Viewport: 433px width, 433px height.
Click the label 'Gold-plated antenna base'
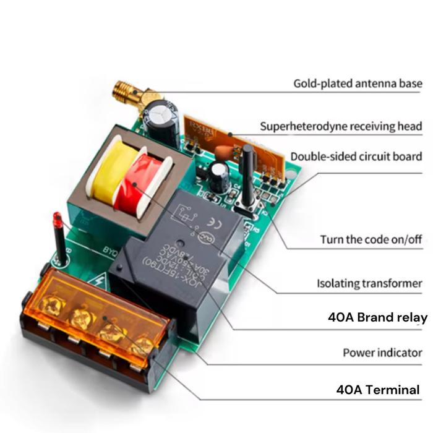[358, 83]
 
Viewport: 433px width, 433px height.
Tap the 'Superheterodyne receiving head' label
[341, 126]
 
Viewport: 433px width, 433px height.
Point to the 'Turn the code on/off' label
[371, 239]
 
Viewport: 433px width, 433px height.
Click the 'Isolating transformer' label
[369, 284]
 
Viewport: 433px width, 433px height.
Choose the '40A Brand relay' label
[377, 318]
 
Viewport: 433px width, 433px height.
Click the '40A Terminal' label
[378, 390]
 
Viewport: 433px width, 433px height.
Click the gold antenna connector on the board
[130, 93]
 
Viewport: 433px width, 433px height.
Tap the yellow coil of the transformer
[109, 170]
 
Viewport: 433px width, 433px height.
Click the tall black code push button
[247, 176]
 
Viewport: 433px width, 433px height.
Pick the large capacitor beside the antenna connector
[163, 118]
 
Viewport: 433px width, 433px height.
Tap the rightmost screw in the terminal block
[142, 345]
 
